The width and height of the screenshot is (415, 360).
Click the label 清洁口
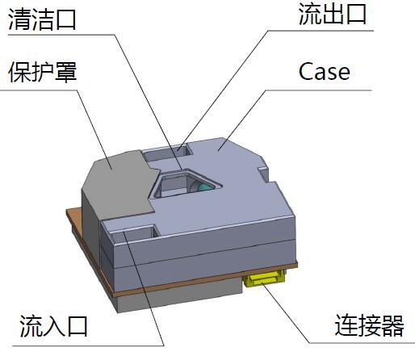click(42, 19)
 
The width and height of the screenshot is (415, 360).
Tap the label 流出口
click(333, 15)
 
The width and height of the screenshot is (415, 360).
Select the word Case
click(325, 72)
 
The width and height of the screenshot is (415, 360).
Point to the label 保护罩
click(43, 72)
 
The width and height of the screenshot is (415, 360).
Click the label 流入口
click(53, 326)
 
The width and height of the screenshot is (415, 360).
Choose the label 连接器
click(369, 325)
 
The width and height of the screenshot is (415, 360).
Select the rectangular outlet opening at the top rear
click(168, 152)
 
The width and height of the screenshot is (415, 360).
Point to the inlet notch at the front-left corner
click(132, 233)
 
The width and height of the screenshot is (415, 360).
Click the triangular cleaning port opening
click(186, 183)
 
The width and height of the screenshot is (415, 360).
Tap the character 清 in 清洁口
click(19, 19)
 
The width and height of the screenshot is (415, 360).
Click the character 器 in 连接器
click(392, 325)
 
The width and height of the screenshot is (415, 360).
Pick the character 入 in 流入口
click(53, 326)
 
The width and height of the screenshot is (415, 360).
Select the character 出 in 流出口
click(333, 15)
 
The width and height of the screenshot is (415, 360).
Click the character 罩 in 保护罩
click(65, 72)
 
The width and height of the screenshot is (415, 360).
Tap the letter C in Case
click(306, 72)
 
